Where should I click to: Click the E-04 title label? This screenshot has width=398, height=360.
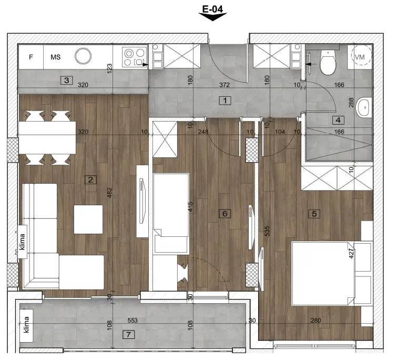pos(212,9)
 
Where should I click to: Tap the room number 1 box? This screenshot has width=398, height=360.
pos(225,101)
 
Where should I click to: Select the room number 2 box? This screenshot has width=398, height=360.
pos(90,180)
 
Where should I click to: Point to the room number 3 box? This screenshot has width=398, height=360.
pos(66,81)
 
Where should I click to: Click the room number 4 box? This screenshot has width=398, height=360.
pos(338,120)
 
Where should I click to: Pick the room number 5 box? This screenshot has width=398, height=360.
pos(314,214)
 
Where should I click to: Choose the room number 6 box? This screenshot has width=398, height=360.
pos(225,214)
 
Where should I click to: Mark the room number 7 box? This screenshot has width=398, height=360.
pos(128,335)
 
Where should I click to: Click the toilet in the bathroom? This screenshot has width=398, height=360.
pos(328,62)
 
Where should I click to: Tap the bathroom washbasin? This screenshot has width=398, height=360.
pos(364,108)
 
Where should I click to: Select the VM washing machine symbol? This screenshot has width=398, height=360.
pos(361,56)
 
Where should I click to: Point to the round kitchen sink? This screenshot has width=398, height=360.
pos(83,56)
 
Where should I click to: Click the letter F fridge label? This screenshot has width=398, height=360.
pos(31,57)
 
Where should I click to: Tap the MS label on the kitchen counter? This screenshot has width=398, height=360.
pos(55,57)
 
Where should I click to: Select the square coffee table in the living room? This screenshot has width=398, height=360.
pos(88,219)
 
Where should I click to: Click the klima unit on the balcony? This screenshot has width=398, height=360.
pos(27,325)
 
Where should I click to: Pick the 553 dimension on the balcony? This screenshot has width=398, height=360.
pos(132,321)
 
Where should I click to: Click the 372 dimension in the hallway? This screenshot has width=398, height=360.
pos(224,85)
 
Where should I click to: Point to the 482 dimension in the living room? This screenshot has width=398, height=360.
pos(109,193)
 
